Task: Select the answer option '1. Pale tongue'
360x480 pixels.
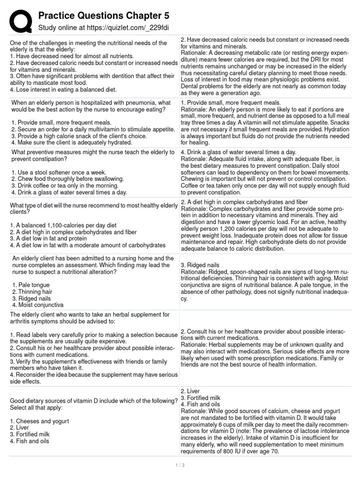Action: click(x=31, y=285)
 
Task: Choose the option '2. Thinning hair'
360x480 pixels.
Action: click(x=34, y=291)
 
